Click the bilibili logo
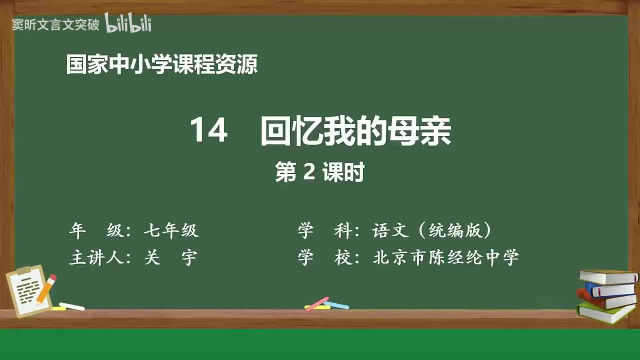click(128, 23)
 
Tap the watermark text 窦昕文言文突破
click(55, 25)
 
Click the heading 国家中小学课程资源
click(161, 65)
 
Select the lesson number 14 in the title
click(208, 131)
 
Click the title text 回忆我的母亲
click(355, 132)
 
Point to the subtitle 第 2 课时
click(319, 173)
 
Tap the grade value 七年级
click(171, 230)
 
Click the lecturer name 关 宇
click(170, 257)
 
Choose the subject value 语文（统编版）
click(431, 230)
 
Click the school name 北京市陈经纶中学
click(445, 257)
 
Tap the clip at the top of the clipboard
click(23, 270)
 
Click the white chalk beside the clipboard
click(72, 306)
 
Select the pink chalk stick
click(317, 303)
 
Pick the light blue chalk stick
click(336, 305)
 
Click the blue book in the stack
click(609, 289)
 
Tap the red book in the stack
click(605, 299)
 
